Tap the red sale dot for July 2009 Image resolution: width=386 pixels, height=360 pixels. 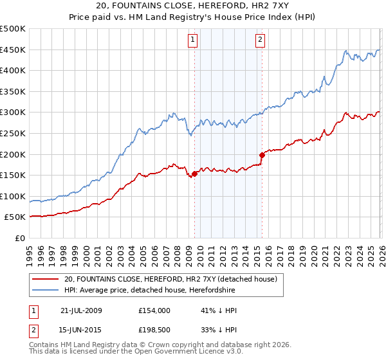coord(194,174)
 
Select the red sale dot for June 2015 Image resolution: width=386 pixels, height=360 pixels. coord(262,155)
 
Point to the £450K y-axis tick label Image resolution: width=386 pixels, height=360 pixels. coord(13,50)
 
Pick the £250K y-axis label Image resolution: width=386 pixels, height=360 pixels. coord(13,134)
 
